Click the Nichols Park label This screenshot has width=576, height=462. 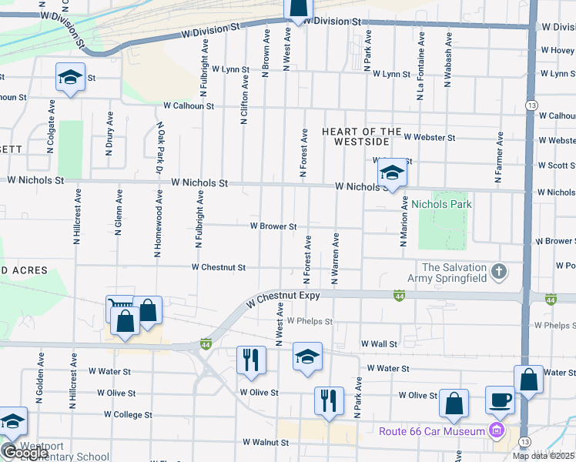click(441, 204)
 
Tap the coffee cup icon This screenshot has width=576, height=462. click(500, 400)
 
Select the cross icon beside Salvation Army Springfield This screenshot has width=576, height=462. click(499, 271)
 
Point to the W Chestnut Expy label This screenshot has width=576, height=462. click(283, 300)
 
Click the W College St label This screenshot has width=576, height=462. click(125, 414)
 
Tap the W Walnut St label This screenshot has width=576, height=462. click(265, 443)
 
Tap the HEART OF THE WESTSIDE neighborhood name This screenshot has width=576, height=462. click(362, 137)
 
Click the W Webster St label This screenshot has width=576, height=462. click(430, 137)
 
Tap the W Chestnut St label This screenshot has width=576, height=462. click(219, 268)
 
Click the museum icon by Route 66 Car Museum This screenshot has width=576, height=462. click(497, 430)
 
